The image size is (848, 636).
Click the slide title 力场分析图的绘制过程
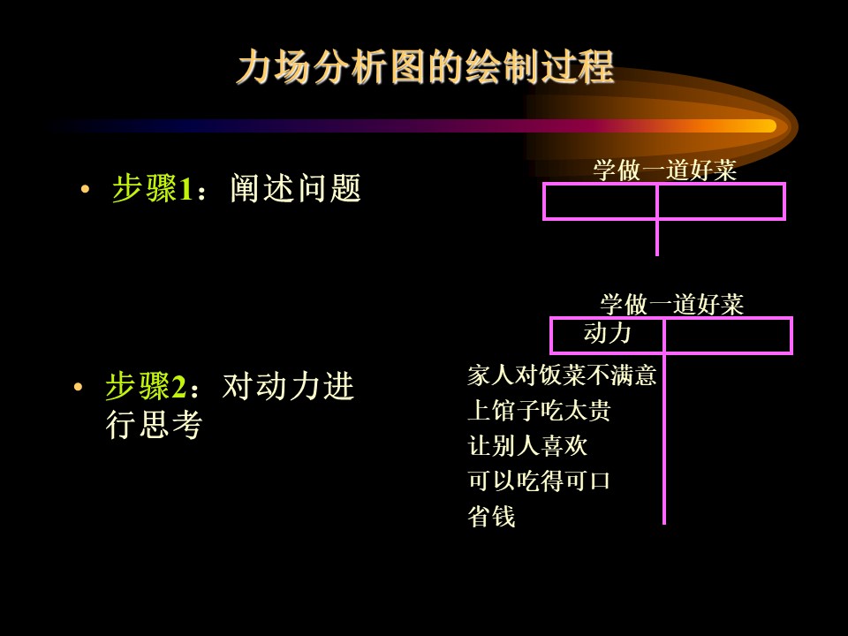click(426, 67)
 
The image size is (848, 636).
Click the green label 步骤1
click(153, 188)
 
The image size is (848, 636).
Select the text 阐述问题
click(295, 188)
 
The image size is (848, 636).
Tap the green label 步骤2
click(146, 386)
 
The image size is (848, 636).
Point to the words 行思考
click(154, 424)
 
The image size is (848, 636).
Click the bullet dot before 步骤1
click(85, 189)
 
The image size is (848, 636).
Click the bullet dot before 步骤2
click(78, 387)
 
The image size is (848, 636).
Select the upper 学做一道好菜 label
click(664, 170)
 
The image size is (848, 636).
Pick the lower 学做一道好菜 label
click(671, 305)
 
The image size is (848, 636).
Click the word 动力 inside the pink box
click(608, 333)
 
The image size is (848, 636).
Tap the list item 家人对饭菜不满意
click(562, 375)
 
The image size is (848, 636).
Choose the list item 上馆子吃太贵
click(539, 410)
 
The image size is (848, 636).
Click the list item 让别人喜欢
click(527, 445)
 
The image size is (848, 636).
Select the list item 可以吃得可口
click(539, 481)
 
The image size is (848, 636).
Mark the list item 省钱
click(491, 516)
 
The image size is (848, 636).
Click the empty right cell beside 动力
click(727, 336)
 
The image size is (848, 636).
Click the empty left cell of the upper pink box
click(601, 201)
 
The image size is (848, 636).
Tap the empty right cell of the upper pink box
click(721, 201)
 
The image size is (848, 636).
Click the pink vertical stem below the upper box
click(657, 238)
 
